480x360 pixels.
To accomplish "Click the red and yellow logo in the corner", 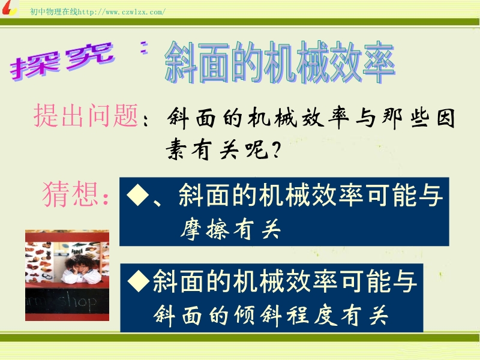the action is click(8, 8).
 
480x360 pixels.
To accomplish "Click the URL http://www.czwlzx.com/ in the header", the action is click(122, 12).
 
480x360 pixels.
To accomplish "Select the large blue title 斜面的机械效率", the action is click(280, 63).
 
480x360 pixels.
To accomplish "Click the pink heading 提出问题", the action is click(86, 115).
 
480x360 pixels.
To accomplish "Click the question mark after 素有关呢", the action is click(275, 151).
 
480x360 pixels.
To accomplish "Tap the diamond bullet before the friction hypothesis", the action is click(137, 194).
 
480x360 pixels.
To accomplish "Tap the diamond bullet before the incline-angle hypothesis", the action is click(139, 280).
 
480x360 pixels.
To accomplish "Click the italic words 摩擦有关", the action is click(230, 229).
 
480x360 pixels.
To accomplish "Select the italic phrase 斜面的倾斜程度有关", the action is click(271, 316).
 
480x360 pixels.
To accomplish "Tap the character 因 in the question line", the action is click(445, 118).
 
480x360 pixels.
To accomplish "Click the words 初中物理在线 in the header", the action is click(54, 12).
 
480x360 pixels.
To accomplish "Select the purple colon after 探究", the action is click(144, 47).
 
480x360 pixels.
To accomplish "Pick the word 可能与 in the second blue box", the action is click(379, 281).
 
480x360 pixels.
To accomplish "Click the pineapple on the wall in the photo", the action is click(49, 254).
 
